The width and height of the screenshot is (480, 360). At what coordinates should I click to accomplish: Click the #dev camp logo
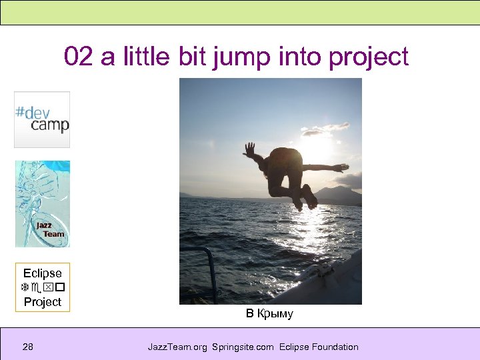(42, 119)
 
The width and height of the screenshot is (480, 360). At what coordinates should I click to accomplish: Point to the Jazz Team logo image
(43, 204)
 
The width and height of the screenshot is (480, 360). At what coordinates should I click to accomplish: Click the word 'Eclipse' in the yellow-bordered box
(43, 273)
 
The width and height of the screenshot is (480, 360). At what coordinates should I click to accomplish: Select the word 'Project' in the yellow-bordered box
(43, 302)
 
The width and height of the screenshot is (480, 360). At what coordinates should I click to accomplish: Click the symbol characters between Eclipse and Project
(43, 287)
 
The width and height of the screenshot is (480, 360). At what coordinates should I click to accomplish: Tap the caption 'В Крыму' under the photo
(269, 314)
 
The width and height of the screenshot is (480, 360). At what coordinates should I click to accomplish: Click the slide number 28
(28, 347)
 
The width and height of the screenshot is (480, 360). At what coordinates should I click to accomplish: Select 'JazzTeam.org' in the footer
(177, 347)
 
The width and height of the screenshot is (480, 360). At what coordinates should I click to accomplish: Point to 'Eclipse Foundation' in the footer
(319, 347)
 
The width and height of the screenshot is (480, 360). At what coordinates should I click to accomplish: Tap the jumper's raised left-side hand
(249, 149)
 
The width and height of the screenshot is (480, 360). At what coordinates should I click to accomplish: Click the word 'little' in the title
(147, 57)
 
